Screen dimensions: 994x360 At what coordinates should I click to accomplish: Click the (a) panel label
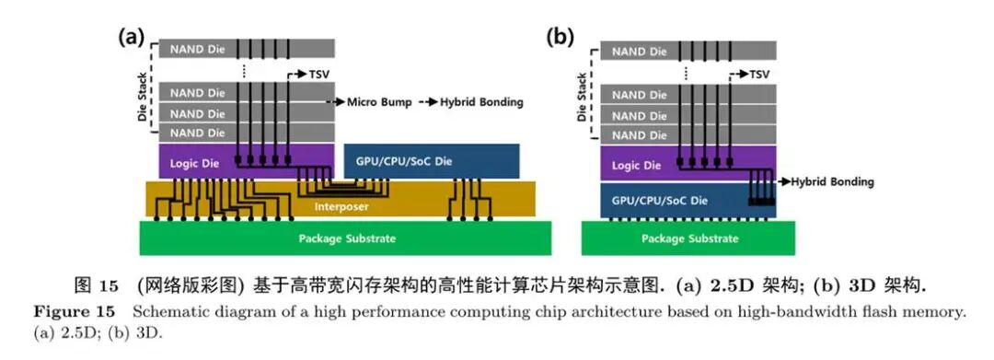132,38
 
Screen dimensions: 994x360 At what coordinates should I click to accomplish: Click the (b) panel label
560,38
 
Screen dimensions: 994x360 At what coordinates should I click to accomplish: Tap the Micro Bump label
379,102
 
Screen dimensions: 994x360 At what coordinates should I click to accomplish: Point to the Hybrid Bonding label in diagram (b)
832,182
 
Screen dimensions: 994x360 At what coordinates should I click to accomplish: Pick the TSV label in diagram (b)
759,75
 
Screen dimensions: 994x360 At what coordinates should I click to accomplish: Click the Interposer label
341,206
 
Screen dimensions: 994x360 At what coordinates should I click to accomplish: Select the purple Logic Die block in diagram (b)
688,164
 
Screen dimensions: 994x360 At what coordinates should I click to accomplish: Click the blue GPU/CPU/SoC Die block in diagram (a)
431,161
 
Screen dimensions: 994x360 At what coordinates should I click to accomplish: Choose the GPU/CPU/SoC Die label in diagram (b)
659,201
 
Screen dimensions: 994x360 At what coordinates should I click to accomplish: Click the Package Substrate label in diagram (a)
347,238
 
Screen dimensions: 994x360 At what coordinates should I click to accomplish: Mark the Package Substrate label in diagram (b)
689,238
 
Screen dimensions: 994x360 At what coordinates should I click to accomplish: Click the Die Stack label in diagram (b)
582,97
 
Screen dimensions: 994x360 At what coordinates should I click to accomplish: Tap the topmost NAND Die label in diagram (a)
197,48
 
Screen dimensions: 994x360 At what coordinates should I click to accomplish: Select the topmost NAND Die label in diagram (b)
640,52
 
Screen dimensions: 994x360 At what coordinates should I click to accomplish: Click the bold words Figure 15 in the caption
75,312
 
